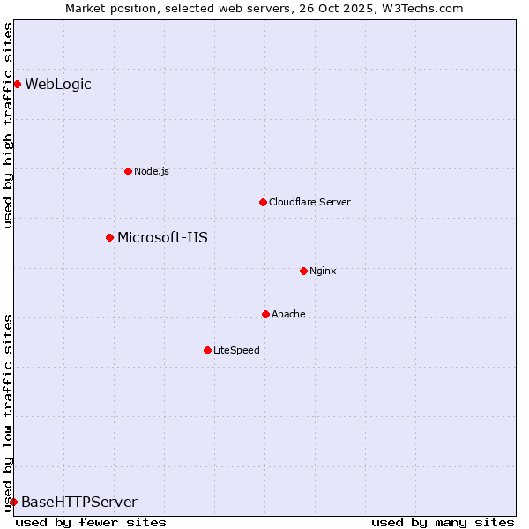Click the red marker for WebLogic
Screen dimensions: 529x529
(x=17, y=85)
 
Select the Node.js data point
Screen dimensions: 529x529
(x=128, y=171)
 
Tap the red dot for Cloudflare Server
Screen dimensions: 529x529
(x=263, y=202)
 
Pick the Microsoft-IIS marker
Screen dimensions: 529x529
(x=109, y=237)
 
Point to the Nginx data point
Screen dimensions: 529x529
(x=303, y=271)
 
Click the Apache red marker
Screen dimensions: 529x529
(x=265, y=314)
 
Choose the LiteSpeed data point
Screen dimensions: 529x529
(x=207, y=350)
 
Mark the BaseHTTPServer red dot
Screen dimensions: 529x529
(x=13, y=502)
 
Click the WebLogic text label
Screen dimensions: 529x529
(x=58, y=85)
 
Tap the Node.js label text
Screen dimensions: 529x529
(x=152, y=171)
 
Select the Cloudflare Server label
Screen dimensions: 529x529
(x=309, y=202)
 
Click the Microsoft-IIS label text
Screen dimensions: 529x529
(x=162, y=237)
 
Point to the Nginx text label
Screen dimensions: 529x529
(x=323, y=271)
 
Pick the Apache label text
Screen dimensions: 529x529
(x=288, y=314)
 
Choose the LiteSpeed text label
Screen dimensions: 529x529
(x=236, y=350)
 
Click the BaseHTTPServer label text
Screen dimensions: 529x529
(x=79, y=503)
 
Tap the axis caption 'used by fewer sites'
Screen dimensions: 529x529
(x=91, y=522)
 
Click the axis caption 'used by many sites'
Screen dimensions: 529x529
(x=443, y=522)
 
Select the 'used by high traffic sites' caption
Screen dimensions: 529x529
(x=8, y=125)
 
